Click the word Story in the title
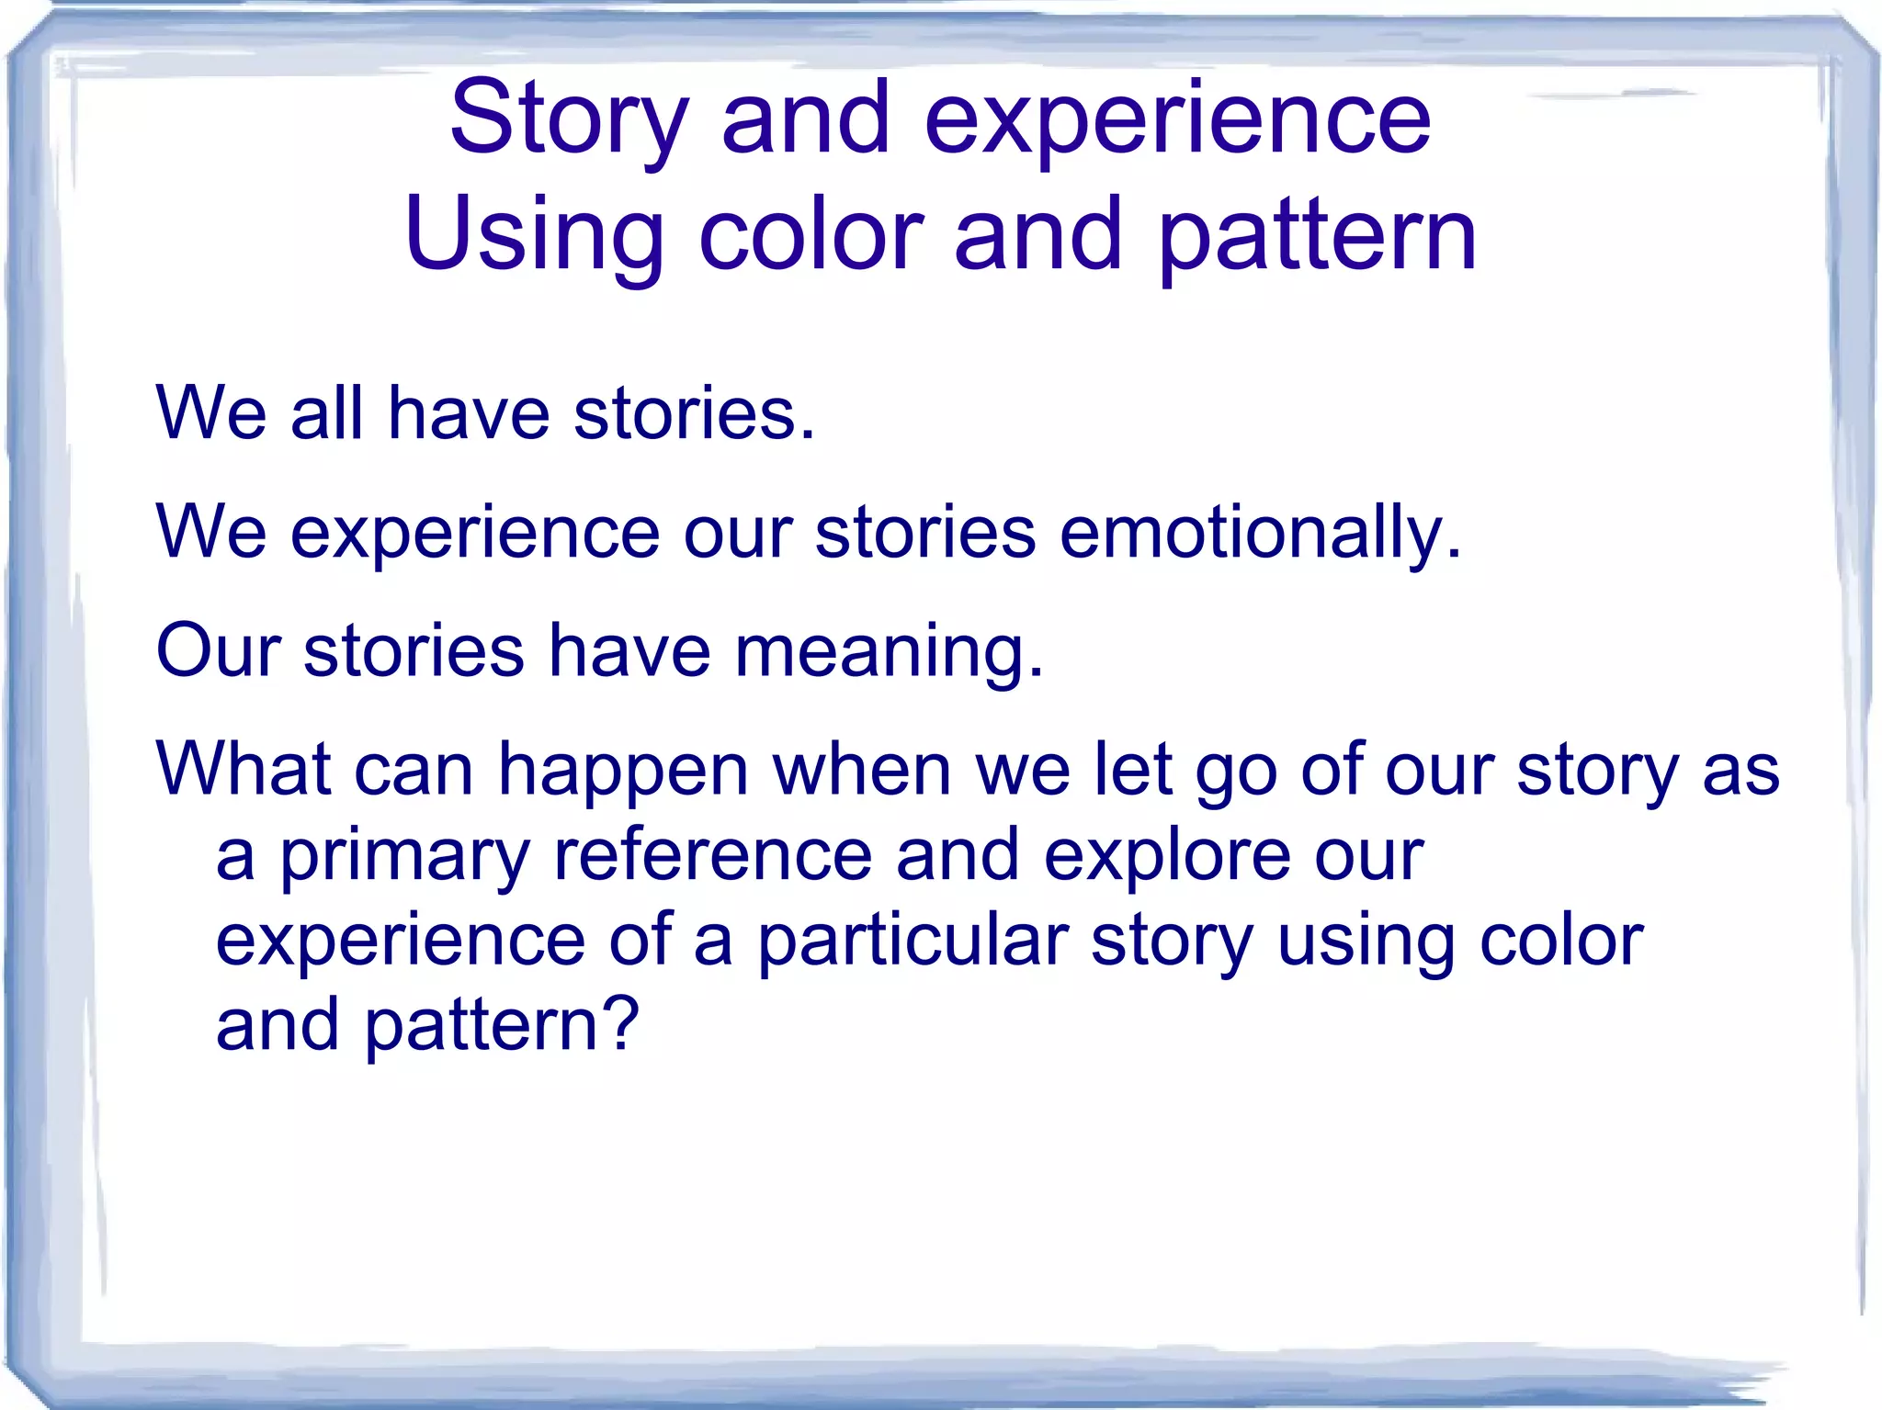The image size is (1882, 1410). (x=568, y=119)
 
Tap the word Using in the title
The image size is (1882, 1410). (x=534, y=237)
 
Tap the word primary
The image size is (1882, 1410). (x=404, y=857)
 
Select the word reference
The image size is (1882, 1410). (x=712, y=855)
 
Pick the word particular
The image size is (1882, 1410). (x=913, y=941)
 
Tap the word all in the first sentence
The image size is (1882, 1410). (x=326, y=413)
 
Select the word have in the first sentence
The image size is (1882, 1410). (x=468, y=413)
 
